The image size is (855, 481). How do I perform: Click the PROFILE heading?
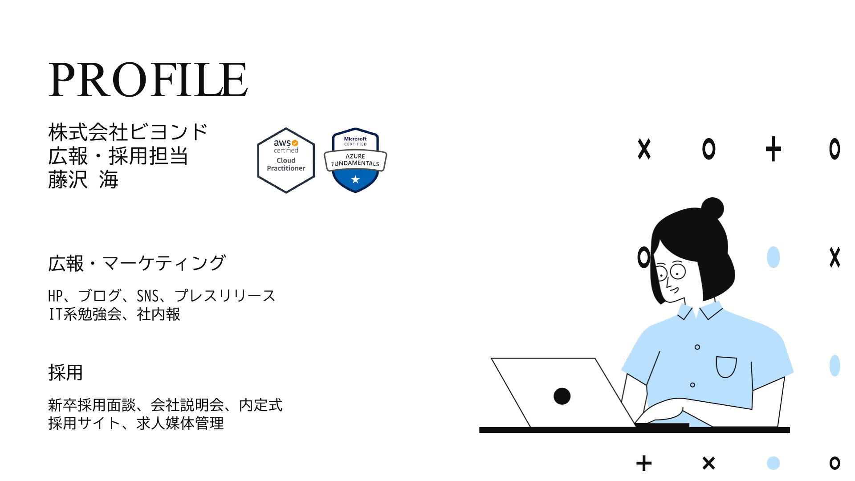tap(148, 80)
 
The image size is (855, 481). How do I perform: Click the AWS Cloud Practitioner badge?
tap(286, 160)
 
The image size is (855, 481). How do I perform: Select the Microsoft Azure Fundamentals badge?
tap(355, 160)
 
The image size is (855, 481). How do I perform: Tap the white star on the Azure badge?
tap(355, 179)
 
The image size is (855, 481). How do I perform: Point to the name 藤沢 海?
tap(83, 180)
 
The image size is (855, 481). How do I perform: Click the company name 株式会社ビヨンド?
tap(128, 132)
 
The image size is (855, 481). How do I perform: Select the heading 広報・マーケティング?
tap(137, 263)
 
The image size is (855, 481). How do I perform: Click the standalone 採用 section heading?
tap(65, 372)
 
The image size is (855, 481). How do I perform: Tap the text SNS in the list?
tap(147, 296)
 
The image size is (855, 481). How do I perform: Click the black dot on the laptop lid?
tap(562, 396)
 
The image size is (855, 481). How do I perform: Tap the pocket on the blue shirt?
tap(726, 367)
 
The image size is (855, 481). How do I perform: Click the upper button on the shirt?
tap(697, 347)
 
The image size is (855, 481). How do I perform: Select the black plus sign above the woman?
tap(774, 149)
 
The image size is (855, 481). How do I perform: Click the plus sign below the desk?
tap(644, 463)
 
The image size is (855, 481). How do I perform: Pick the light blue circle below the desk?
tap(774, 463)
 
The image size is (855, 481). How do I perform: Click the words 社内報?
tap(159, 314)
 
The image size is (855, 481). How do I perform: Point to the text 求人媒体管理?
tap(180, 423)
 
